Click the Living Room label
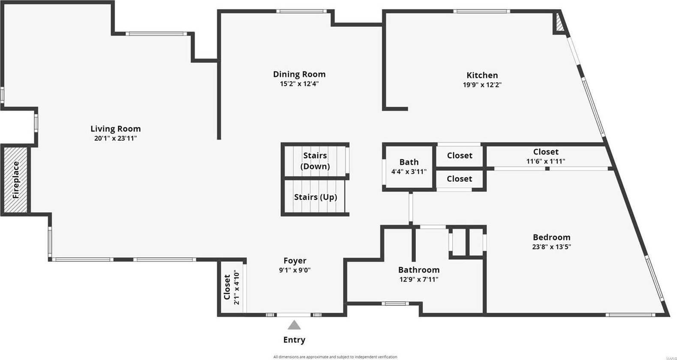tap(115, 129)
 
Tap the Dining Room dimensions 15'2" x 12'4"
tap(299, 84)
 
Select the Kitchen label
tap(482, 75)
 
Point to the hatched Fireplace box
tap(15, 180)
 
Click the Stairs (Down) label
tap(315, 161)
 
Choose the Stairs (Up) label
tap(315, 197)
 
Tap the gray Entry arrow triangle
tap(294, 325)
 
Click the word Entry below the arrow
tap(294, 340)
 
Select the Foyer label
tap(295, 260)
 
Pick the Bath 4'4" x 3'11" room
tap(409, 167)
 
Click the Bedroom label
tap(551, 237)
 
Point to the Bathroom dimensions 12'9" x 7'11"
tap(419, 279)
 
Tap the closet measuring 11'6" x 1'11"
tap(546, 156)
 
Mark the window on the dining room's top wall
tap(301, 12)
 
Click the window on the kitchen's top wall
tap(481, 12)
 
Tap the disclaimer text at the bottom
tap(335, 357)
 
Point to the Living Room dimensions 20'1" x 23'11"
tap(115, 138)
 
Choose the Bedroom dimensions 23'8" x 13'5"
tap(551, 247)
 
